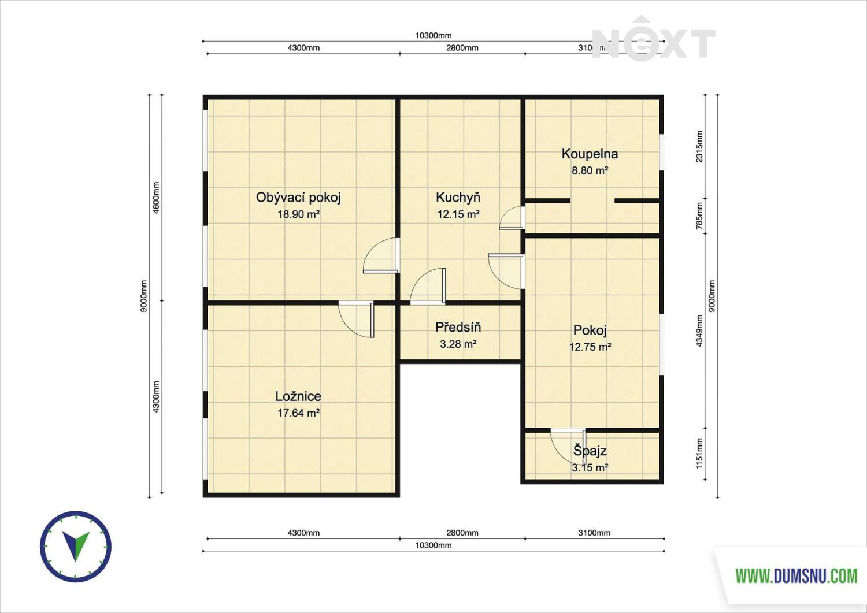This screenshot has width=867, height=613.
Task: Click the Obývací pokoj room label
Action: click(x=298, y=198)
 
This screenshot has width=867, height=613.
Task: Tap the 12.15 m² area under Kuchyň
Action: click(x=459, y=214)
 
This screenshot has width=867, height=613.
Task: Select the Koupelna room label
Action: click(x=590, y=154)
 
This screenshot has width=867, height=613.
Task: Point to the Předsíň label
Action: click(x=458, y=327)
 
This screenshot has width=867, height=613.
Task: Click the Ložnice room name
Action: click(x=298, y=396)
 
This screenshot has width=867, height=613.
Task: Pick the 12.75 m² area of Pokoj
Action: click(x=590, y=347)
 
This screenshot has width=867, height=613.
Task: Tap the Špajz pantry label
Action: click(x=590, y=451)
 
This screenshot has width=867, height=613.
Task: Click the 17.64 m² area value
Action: click(x=298, y=413)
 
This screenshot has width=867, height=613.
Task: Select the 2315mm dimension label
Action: click(x=699, y=147)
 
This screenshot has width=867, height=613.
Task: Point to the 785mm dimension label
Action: click(x=699, y=216)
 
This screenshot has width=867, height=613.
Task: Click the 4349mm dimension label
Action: click(x=699, y=331)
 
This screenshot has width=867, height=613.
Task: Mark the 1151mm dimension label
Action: click(x=699, y=454)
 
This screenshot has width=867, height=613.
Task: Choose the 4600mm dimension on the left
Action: click(x=156, y=198)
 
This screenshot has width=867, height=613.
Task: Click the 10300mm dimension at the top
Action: click(x=433, y=36)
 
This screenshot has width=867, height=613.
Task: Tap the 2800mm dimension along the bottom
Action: click(x=462, y=533)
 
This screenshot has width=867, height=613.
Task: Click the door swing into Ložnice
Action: click(x=357, y=319)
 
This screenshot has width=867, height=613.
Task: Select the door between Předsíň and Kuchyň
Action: click(x=428, y=286)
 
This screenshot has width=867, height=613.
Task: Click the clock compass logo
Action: click(x=76, y=547)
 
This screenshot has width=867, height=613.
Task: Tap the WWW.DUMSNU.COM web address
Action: click(x=796, y=576)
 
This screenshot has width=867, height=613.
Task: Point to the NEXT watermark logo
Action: click(x=653, y=39)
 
